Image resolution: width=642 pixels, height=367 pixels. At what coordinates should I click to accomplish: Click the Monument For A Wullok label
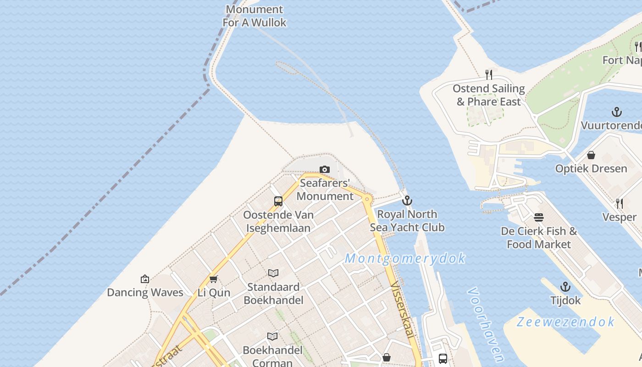255,16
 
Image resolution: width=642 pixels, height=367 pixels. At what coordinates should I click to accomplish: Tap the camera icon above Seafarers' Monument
325,170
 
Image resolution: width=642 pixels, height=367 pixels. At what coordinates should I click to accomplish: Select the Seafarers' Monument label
325,189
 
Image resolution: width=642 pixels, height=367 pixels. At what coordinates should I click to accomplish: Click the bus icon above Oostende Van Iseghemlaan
278,201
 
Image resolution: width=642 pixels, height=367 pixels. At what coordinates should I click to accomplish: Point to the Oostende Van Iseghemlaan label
278,221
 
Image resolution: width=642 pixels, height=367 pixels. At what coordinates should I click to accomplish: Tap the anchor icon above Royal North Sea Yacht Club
407,200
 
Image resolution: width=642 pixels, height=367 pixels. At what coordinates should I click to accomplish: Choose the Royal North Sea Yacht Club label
407,221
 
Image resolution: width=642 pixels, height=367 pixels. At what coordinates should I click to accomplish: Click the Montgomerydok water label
405,258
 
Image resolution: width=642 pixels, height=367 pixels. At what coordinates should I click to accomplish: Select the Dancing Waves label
145,292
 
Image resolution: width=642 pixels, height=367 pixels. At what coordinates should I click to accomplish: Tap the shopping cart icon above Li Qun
213,279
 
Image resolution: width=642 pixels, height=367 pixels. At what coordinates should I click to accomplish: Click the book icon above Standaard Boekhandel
273,273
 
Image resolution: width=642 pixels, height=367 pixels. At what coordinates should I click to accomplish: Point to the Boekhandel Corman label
272,356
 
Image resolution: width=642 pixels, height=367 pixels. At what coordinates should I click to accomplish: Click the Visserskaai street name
404,310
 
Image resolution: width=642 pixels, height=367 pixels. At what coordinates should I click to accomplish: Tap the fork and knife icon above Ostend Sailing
489,74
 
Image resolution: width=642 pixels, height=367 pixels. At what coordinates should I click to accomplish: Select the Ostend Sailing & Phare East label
489,95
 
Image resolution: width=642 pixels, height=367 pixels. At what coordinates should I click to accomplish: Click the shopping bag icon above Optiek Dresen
591,155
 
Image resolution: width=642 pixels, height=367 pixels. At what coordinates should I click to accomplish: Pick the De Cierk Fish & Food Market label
539,238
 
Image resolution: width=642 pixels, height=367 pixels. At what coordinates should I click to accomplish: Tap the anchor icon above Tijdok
565,287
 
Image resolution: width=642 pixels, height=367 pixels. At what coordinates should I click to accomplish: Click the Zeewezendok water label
565,322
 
